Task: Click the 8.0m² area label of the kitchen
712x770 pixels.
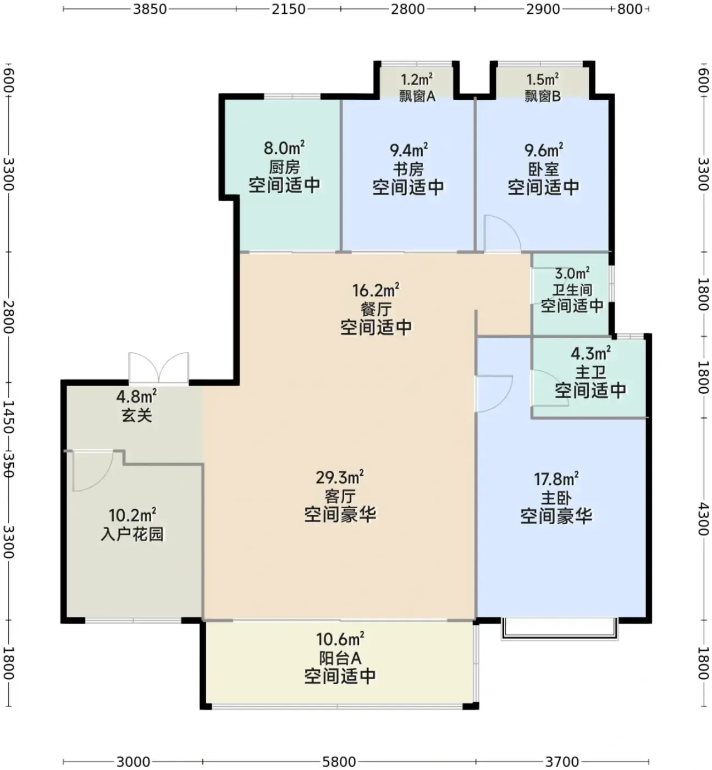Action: pyautogui.click(x=284, y=148)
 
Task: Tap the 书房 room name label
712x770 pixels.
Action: pyautogui.click(x=408, y=169)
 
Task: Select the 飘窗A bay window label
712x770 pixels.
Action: pyautogui.click(x=417, y=96)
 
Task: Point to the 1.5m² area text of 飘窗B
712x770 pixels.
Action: pyautogui.click(x=542, y=79)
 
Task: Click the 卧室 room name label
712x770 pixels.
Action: pyautogui.click(x=543, y=169)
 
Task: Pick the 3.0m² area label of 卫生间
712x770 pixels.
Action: pyautogui.click(x=572, y=273)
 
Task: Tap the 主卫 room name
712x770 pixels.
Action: pyautogui.click(x=590, y=372)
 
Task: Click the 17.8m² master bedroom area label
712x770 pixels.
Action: pyautogui.click(x=556, y=479)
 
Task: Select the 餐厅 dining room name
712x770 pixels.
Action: pyautogui.click(x=376, y=309)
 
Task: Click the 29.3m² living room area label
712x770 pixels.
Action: pyautogui.click(x=340, y=477)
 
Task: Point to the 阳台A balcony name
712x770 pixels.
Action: pyautogui.click(x=340, y=658)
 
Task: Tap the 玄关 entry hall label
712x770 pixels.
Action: pyautogui.click(x=136, y=416)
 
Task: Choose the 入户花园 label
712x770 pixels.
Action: pyautogui.click(x=132, y=534)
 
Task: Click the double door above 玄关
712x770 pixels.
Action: pyautogui.click(x=158, y=367)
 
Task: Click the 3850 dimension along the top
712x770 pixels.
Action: pyautogui.click(x=150, y=9)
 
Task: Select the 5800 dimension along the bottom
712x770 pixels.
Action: pyautogui.click(x=339, y=762)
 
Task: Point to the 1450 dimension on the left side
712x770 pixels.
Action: pyautogui.click(x=8, y=417)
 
